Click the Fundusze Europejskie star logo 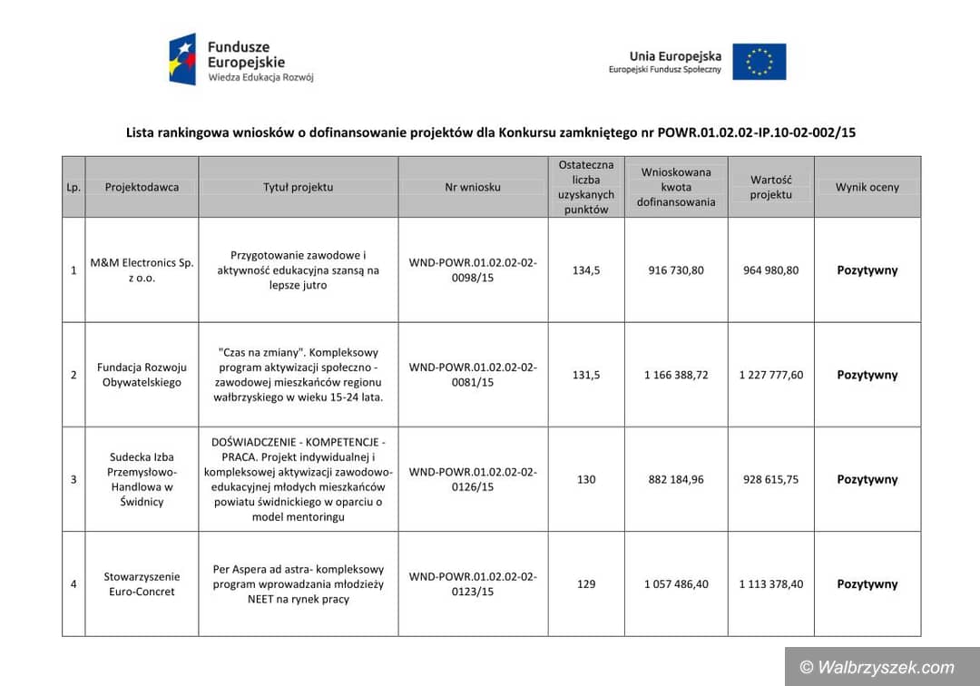(x=182, y=60)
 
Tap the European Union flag (x=759, y=62)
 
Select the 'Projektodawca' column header (x=142, y=187)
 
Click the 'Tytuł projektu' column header (x=298, y=187)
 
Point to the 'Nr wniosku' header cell (x=473, y=187)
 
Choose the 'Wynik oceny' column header (x=867, y=187)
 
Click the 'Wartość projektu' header (x=770, y=187)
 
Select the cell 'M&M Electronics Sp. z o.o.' (x=142, y=269)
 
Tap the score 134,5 (x=586, y=269)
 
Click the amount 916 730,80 (x=676, y=269)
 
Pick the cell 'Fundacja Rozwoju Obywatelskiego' (x=142, y=375)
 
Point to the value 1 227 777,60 (x=770, y=375)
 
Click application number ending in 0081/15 (x=473, y=375)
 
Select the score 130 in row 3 (x=586, y=479)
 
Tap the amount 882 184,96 (x=676, y=479)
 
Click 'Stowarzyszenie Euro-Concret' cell (x=142, y=583)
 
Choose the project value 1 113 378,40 (x=770, y=583)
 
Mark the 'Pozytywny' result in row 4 (x=867, y=583)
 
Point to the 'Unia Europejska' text (x=674, y=56)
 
